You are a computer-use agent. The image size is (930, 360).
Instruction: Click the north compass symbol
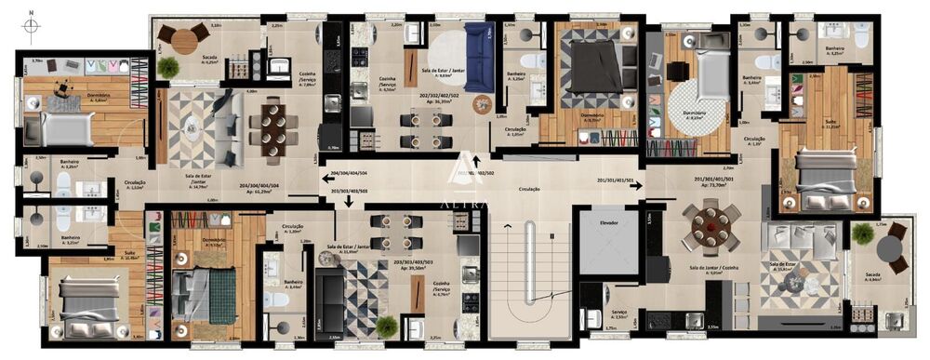tap(31, 25)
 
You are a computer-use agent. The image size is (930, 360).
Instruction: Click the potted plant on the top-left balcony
tap(168, 68)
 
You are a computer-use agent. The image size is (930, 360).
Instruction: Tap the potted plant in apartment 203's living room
tap(387, 326)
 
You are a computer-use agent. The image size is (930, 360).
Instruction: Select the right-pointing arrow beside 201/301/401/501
tap(635, 185)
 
